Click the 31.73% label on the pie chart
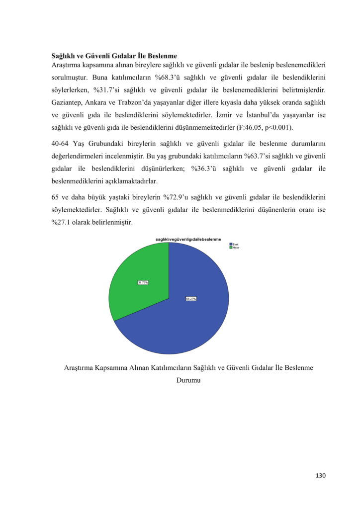(143, 283)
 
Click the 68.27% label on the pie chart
(191, 299)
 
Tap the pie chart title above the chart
(188, 240)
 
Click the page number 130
(320, 476)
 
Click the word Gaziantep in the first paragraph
(67, 102)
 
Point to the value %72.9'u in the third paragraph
(177, 198)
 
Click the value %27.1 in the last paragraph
(61, 222)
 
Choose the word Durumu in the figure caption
(188, 381)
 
